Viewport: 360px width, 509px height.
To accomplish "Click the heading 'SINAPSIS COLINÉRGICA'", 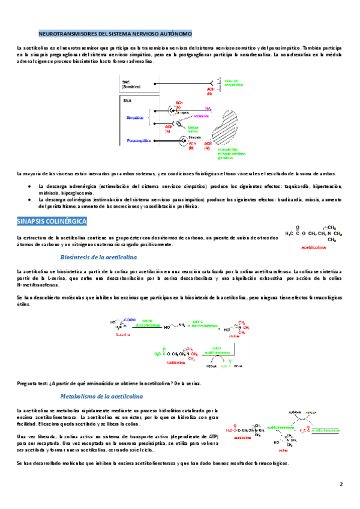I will tap(52, 221).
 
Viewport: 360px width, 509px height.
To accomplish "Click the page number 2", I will tap(341, 484).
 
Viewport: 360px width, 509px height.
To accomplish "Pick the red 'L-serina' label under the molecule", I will tap(121, 337).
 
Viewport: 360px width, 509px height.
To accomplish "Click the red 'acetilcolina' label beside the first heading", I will tap(313, 245).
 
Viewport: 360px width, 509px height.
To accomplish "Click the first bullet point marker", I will tap(30, 187).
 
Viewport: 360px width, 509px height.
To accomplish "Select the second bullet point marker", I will tap(30, 199).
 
